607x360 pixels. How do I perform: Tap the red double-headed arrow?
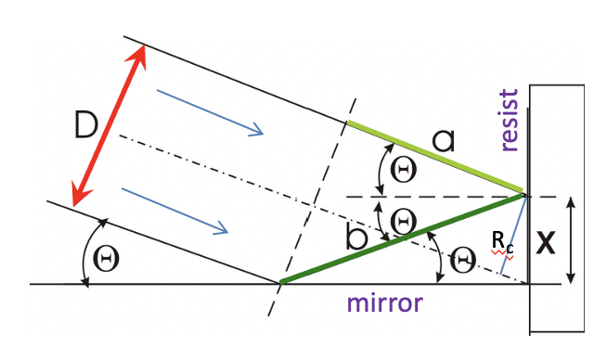(110, 124)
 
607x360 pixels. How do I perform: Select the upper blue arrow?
(210, 111)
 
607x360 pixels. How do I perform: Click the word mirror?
(386, 303)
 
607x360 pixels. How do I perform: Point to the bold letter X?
(547, 244)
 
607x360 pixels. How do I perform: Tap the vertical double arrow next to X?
(571, 240)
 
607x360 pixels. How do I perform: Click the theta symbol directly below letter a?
(403, 168)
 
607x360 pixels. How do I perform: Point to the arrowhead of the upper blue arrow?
(259, 132)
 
